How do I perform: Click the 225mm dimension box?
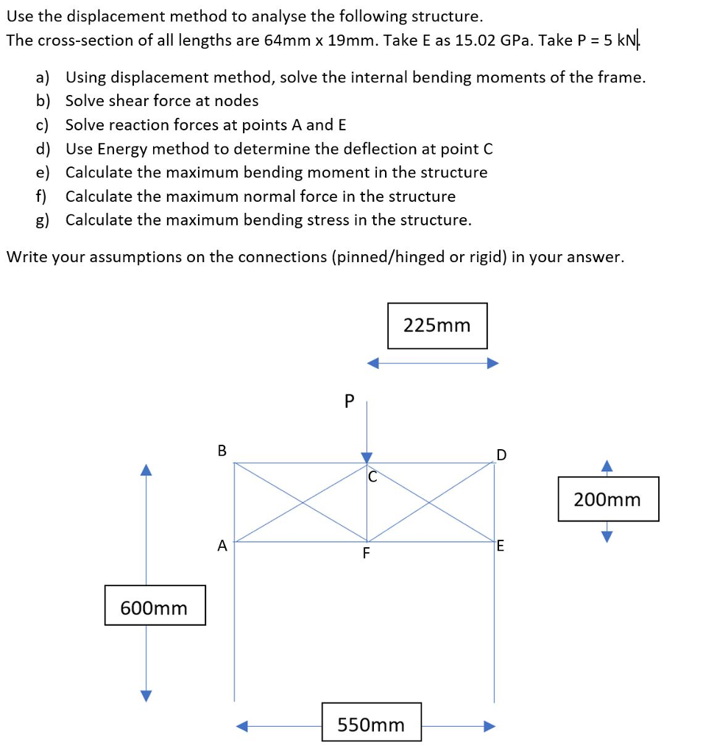[437, 325]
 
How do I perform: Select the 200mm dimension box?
[607, 499]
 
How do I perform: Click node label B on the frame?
[222, 450]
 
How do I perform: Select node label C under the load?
[372, 477]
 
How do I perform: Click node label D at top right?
[501, 454]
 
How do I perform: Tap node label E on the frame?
[501, 546]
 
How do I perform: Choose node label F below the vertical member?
[366, 554]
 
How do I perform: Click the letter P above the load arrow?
[350, 401]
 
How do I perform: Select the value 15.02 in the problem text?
[476, 40]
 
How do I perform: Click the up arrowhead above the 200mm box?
[607, 465]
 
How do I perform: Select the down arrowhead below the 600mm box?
[146, 695]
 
